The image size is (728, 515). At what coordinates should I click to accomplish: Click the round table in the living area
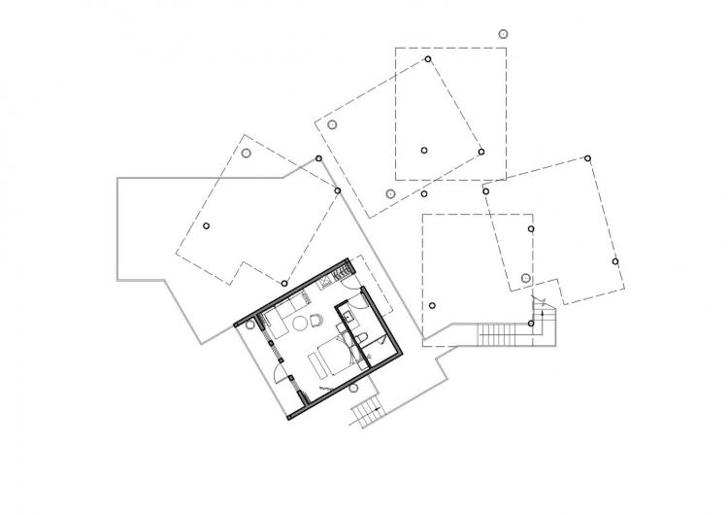coord(300,322)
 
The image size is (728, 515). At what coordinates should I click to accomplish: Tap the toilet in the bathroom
coord(360,337)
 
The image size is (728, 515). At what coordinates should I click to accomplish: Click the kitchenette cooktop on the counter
coord(328,283)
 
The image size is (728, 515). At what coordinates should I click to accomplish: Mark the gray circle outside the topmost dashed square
coord(502,33)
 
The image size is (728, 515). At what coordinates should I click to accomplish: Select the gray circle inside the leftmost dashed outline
coord(247,153)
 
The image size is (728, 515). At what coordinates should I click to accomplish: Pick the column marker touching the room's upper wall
coord(283,284)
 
